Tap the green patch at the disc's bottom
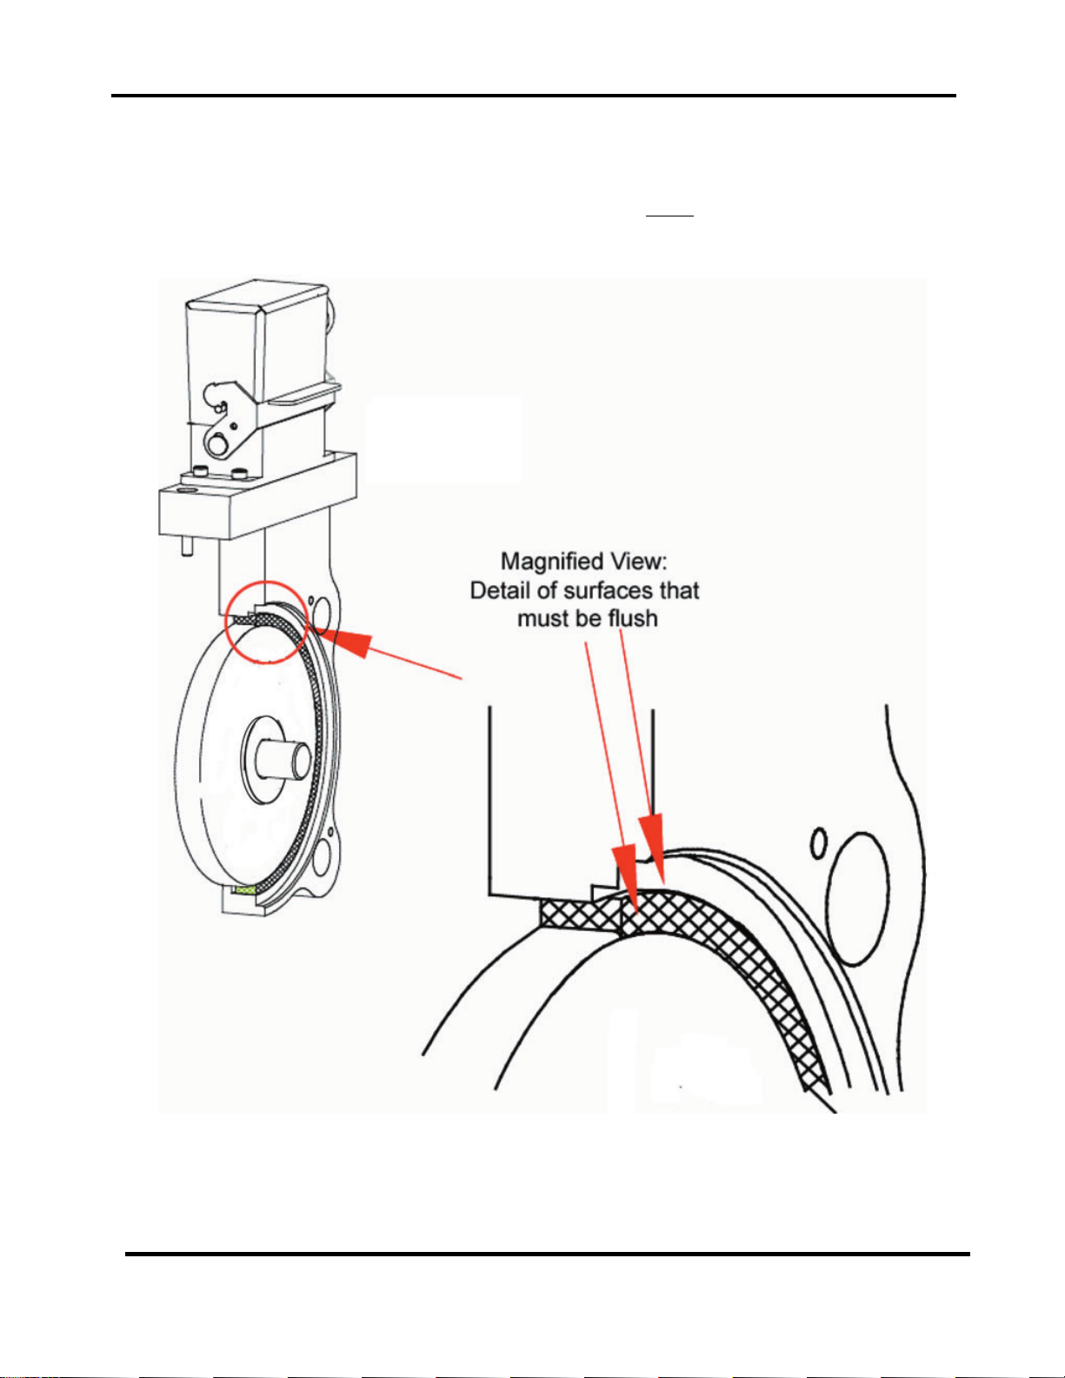click(x=244, y=890)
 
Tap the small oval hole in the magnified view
click(x=818, y=842)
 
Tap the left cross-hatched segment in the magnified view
click(x=579, y=914)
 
